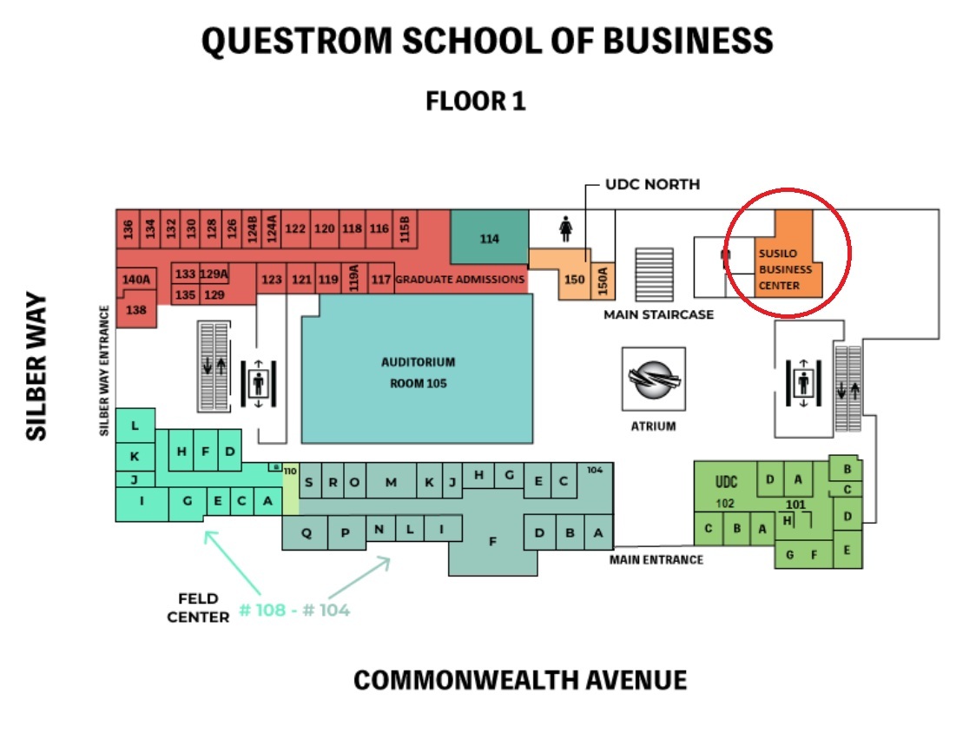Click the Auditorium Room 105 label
[418, 372]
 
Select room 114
[490, 239]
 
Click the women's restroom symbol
[566, 229]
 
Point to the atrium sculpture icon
[653, 380]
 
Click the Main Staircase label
[658, 314]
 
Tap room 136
[128, 229]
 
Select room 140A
[136, 280]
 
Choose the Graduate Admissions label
[460, 280]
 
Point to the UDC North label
[653, 184]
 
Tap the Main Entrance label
[656, 559]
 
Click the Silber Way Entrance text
[105, 370]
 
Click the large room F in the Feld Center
[492, 541]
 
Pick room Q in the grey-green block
[306, 534]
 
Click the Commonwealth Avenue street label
[519, 680]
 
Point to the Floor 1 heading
[476, 102]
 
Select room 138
[136, 310]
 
